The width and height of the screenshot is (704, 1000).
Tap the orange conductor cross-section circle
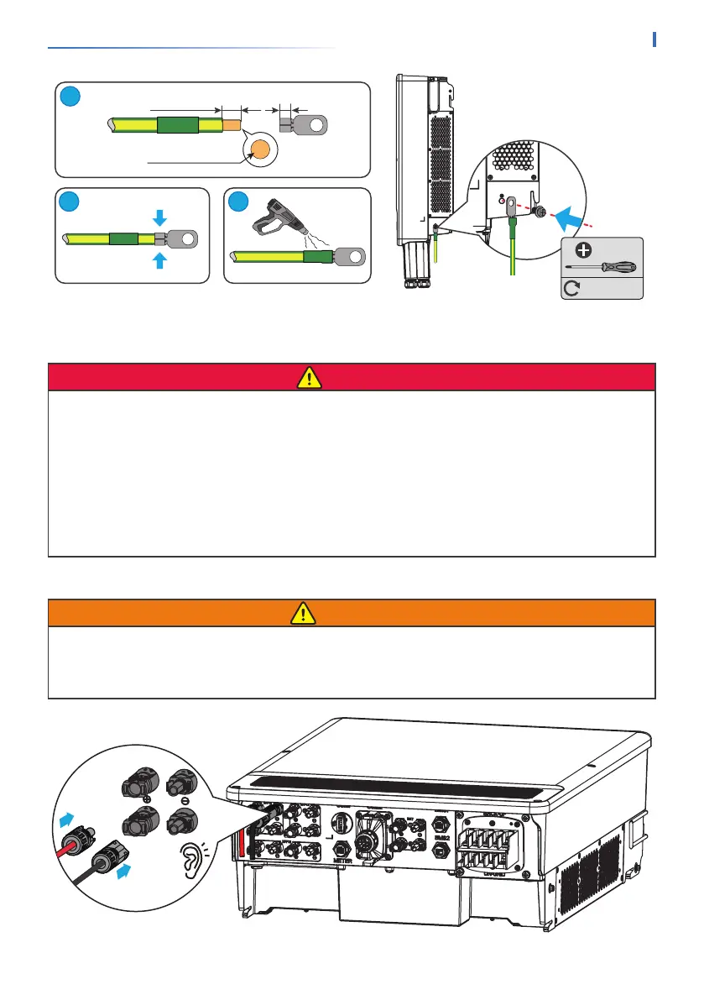click(261, 149)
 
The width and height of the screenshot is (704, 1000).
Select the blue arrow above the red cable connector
click(63, 817)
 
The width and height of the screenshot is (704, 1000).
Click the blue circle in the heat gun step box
click(239, 202)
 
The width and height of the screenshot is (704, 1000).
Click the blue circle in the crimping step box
click(70, 202)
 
